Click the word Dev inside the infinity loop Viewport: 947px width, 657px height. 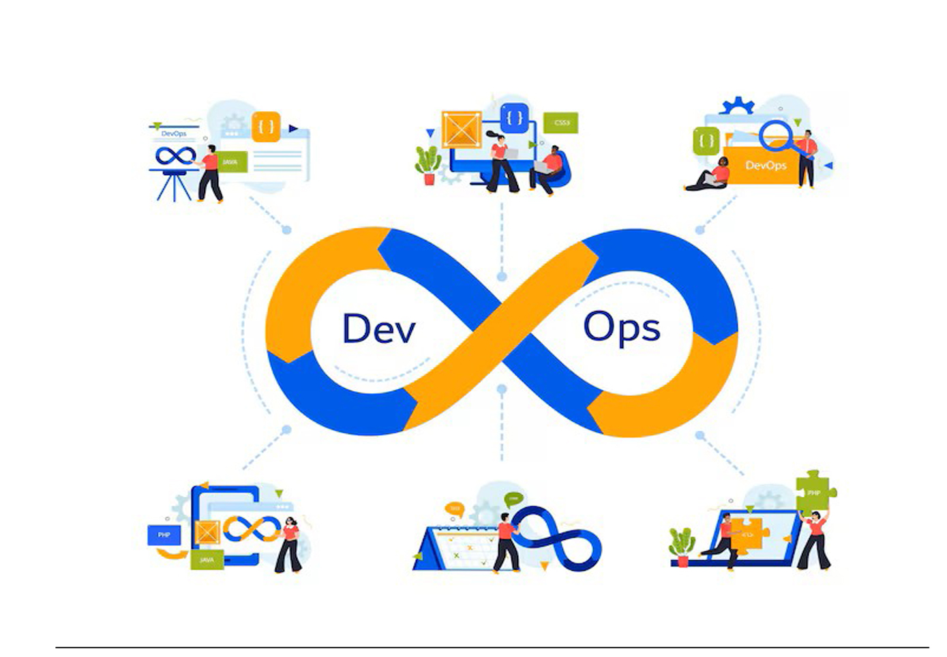click(378, 328)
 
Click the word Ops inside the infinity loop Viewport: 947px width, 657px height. click(621, 328)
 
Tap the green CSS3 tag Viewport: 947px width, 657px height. click(561, 123)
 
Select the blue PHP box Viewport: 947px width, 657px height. click(164, 535)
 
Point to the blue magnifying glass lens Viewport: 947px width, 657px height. click(775, 134)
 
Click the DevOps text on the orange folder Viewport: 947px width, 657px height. click(766, 165)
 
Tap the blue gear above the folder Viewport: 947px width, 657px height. click(738, 106)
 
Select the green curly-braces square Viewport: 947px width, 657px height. click(706, 141)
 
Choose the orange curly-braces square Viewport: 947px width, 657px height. click(266, 127)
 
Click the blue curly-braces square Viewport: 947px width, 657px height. click(515, 118)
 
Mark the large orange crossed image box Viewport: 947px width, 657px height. click(462, 129)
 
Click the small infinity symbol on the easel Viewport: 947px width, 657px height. click(175, 156)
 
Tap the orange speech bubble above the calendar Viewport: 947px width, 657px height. click(454, 509)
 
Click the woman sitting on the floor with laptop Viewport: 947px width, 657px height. click(710, 175)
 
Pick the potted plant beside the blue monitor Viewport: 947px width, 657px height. click(428, 164)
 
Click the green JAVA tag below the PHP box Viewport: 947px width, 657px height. click(207, 560)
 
